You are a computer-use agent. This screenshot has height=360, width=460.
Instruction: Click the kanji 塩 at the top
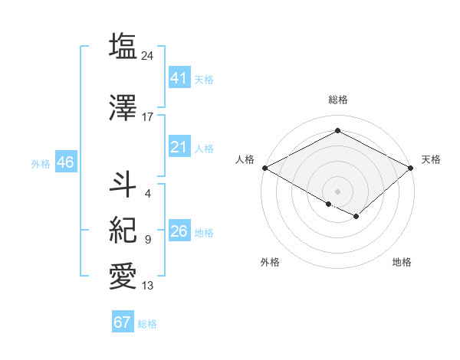[123, 47]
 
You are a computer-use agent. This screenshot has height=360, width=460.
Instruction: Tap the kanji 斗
[123, 185]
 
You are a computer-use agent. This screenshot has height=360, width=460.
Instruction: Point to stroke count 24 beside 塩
[148, 56]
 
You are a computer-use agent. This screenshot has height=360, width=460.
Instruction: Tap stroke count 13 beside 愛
[148, 286]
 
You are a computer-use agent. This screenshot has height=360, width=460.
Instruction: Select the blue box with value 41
[179, 78]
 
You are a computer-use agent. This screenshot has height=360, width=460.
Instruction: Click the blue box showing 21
[179, 147]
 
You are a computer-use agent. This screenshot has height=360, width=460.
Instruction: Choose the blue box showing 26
[179, 231]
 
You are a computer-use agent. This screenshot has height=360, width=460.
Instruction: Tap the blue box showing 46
[64, 162]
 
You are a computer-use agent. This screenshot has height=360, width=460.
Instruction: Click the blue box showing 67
[122, 322]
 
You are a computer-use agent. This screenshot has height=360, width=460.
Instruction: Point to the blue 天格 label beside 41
[204, 79]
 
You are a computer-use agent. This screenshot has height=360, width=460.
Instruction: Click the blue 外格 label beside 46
[41, 163]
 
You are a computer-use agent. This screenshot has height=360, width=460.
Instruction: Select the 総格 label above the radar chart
[337, 100]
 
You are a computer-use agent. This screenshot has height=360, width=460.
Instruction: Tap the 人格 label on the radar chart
[245, 159]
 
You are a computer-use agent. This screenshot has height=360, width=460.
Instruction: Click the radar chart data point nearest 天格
[412, 168]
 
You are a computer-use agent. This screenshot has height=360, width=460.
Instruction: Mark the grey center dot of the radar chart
[337, 190]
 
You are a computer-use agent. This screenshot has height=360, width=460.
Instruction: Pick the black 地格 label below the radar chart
[402, 262]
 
